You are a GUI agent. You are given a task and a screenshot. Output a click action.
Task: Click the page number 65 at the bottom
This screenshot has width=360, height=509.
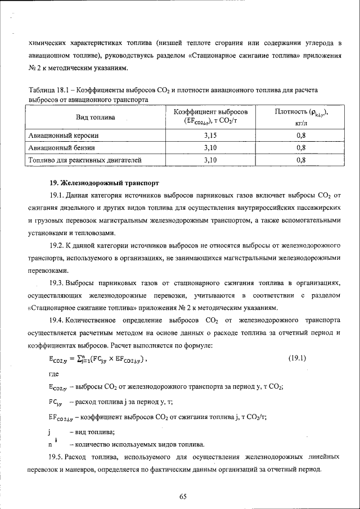tap(183, 496)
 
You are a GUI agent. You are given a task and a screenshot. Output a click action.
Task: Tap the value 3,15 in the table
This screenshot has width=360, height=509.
tap(210, 136)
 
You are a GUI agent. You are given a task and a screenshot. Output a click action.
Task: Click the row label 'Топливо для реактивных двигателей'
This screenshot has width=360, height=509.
tap(84, 160)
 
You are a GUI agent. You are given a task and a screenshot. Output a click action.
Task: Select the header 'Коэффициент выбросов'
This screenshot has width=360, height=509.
tap(210, 112)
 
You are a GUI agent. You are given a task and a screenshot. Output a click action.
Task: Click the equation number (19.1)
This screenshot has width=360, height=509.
tap(297, 358)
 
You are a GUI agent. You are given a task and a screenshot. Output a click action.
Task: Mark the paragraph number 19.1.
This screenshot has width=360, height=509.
tap(56, 196)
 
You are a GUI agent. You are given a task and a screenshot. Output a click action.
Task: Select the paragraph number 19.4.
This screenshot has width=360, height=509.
tap(56, 320)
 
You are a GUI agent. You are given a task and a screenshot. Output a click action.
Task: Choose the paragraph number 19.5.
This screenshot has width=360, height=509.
tap(56, 456)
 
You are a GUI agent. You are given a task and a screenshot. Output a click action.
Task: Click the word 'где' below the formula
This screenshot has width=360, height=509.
tap(55, 373)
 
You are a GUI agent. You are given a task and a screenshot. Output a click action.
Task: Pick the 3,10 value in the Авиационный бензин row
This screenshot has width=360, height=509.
tap(210, 148)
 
